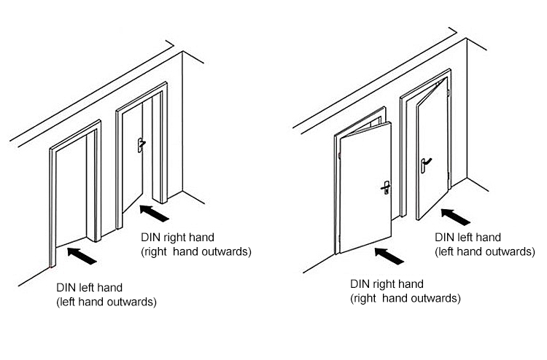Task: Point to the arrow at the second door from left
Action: pos(153,213)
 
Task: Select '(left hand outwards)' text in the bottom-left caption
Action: pos(106,302)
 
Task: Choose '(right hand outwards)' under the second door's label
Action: pos(195,252)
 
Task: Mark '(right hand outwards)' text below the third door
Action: pos(406,299)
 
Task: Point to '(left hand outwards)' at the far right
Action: pos(485,251)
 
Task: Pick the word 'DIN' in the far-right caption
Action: pos(444,237)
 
